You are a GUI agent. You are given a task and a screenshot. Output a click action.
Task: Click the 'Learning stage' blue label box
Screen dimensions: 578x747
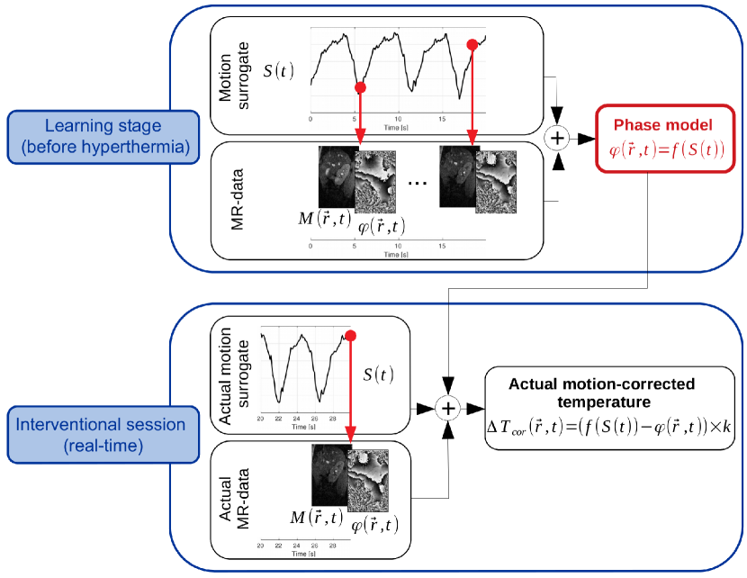point(101,136)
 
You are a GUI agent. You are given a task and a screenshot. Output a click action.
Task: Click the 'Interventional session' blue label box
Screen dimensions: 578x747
point(101,432)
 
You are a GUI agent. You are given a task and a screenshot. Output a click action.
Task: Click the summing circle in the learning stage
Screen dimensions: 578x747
point(559,138)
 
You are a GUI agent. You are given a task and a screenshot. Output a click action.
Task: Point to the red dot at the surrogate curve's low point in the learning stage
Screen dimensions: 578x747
point(360,87)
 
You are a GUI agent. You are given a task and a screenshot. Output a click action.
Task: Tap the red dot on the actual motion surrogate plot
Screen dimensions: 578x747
point(350,337)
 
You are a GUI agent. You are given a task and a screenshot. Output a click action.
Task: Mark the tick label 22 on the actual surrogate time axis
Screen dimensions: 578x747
point(280,420)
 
